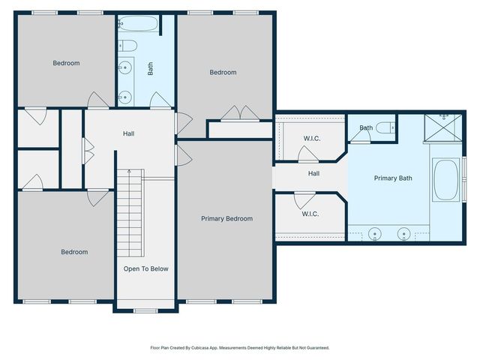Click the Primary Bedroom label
point(226,218)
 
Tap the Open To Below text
point(146,268)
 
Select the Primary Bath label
point(393,178)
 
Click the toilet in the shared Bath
point(127,46)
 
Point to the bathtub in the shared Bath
point(138,23)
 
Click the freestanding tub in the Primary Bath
point(446,180)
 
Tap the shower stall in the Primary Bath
point(442,128)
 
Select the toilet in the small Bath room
point(385,127)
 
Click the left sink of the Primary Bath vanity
point(374,234)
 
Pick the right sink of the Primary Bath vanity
point(404,234)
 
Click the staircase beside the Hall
point(130,213)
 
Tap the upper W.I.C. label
point(312,138)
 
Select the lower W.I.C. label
point(310,214)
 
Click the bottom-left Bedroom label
point(74,252)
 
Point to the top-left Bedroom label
point(66,63)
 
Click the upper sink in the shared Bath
point(125,67)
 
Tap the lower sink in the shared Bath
point(125,97)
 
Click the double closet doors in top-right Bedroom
point(241,113)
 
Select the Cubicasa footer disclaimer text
point(240,348)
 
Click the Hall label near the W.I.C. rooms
point(313,173)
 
